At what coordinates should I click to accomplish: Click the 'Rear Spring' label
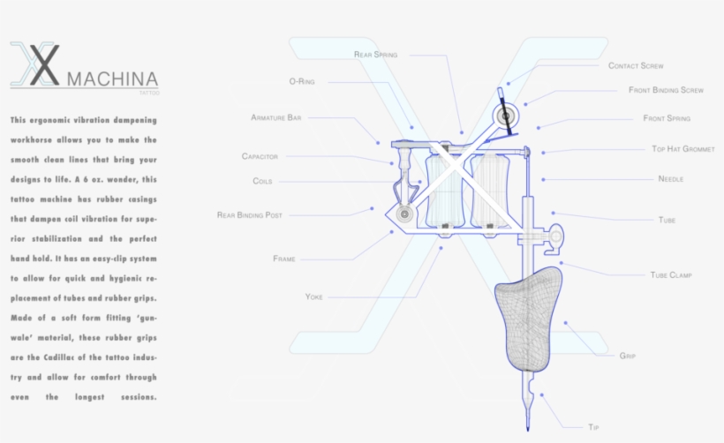375,55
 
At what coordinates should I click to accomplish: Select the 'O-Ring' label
302,82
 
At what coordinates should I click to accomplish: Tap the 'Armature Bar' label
276,117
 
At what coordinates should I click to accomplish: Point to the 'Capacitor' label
260,156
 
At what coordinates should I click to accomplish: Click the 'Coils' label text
262,181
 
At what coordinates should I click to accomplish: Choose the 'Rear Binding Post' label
249,215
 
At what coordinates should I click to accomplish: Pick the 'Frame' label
284,259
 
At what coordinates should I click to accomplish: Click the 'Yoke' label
314,297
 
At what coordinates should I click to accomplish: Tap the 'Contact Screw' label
636,66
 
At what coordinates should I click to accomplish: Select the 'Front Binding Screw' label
666,90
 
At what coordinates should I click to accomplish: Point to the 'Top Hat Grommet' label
683,149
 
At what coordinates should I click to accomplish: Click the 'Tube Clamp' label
671,275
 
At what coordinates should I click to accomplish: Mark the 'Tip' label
593,427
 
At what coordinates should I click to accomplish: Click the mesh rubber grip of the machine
529,319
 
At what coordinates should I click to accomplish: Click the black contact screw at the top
505,112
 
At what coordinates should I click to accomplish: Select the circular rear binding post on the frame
404,214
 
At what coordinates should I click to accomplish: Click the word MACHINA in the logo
113,79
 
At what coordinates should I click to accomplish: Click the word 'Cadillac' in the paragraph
59,357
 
